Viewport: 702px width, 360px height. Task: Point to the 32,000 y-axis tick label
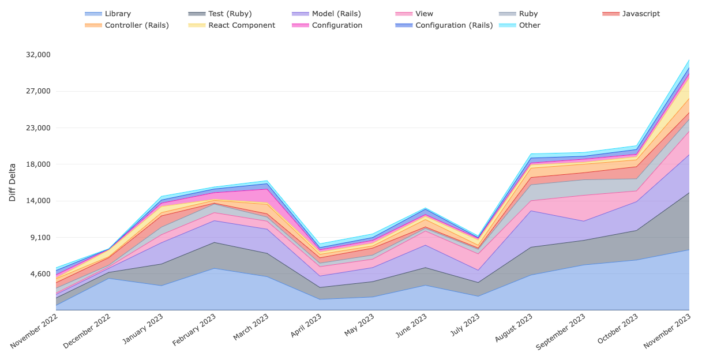click(x=39, y=55)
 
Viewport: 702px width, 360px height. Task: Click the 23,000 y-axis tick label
click(x=39, y=128)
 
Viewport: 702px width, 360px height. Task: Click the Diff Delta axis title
click(x=13, y=182)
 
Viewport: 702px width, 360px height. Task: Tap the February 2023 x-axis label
click(x=195, y=331)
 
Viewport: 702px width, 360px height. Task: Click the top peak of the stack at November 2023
click(x=689, y=59)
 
